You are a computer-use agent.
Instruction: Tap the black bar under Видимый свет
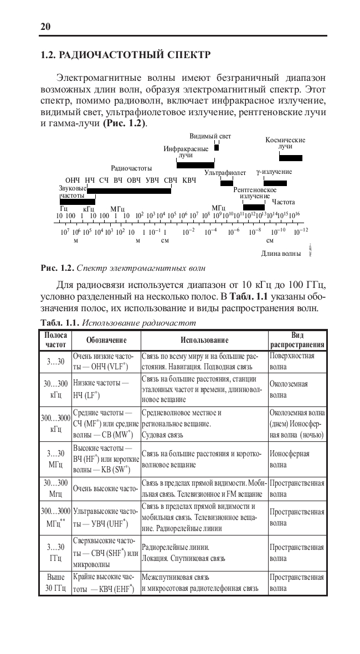217,147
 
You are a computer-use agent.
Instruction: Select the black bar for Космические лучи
291,158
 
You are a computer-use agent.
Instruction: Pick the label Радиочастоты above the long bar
131,167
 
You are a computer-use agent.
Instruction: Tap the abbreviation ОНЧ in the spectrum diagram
73,181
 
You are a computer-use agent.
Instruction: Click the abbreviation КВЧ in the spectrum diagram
189,181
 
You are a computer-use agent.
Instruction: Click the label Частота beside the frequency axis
283,202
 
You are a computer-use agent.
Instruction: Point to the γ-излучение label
274,173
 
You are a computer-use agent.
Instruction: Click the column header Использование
204,339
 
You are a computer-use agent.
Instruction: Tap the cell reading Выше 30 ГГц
55,581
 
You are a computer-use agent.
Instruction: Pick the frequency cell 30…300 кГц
55,389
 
